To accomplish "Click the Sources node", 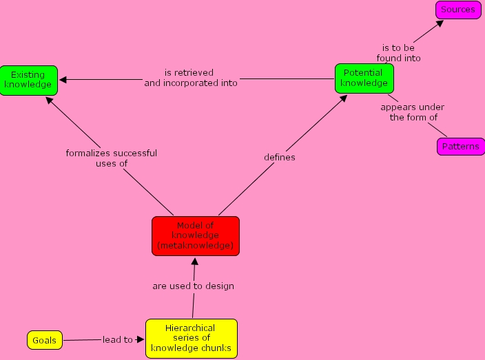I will (x=458, y=10).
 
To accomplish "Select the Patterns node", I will (x=460, y=147).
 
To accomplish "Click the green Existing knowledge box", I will (x=28, y=80).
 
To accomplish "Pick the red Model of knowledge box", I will (x=196, y=235).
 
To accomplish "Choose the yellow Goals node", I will (x=44, y=340).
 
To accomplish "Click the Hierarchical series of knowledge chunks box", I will (x=191, y=338).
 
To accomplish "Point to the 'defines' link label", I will (x=280, y=158).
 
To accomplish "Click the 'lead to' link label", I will (x=118, y=339).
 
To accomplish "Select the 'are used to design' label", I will (x=193, y=286).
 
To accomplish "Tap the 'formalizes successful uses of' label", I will (x=112, y=158).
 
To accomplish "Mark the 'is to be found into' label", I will (x=399, y=53).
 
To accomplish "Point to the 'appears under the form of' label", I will (x=413, y=112).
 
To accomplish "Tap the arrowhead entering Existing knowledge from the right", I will (x=63, y=80).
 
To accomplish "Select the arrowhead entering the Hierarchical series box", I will (x=141, y=339).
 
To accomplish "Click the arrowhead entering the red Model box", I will (x=196, y=261).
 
